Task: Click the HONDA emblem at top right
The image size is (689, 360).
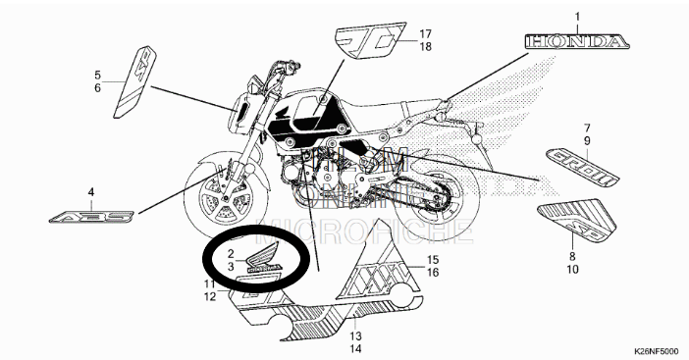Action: click(x=575, y=42)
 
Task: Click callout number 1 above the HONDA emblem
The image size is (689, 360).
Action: click(x=577, y=17)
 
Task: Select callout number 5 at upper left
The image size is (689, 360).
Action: click(x=97, y=75)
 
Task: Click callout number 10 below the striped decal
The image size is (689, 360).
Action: click(x=572, y=268)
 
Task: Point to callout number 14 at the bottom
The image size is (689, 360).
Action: click(x=354, y=348)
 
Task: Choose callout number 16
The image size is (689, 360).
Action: click(x=431, y=274)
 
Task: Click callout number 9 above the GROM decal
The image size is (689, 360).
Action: click(x=586, y=141)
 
